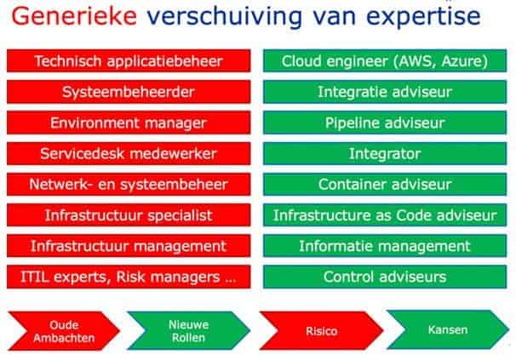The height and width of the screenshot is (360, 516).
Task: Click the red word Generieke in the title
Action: click(x=74, y=16)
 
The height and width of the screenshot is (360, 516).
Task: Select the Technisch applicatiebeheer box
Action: click(x=129, y=61)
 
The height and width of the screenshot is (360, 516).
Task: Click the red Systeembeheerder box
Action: click(x=129, y=92)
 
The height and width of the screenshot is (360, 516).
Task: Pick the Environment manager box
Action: click(x=129, y=123)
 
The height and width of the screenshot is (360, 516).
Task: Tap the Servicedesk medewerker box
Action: click(x=129, y=154)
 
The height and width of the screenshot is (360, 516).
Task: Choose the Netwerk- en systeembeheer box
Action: click(x=129, y=185)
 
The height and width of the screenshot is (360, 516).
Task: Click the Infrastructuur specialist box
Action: click(x=129, y=215)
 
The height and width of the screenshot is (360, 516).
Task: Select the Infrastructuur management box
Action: click(x=129, y=246)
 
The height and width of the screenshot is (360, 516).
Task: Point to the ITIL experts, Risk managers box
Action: click(x=129, y=277)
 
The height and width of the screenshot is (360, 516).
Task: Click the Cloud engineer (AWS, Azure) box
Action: click(x=385, y=61)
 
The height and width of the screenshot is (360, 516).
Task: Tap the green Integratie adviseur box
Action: click(x=385, y=92)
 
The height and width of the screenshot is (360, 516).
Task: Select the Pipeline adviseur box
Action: click(x=385, y=123)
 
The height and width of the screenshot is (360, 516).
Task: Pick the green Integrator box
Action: click(x=385, y=154)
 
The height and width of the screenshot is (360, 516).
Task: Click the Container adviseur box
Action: click(x=385, y=185)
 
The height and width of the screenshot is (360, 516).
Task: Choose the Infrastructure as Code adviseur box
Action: click(x=385, y=215)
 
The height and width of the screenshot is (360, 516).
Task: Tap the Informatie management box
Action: click(x=385, y=246)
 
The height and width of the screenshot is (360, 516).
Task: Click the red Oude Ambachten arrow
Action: click(x=64, y=331)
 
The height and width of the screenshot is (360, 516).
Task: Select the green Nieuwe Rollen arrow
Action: click(x=189, y=331)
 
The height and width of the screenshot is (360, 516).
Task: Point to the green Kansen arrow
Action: click(x=448, y=329)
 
